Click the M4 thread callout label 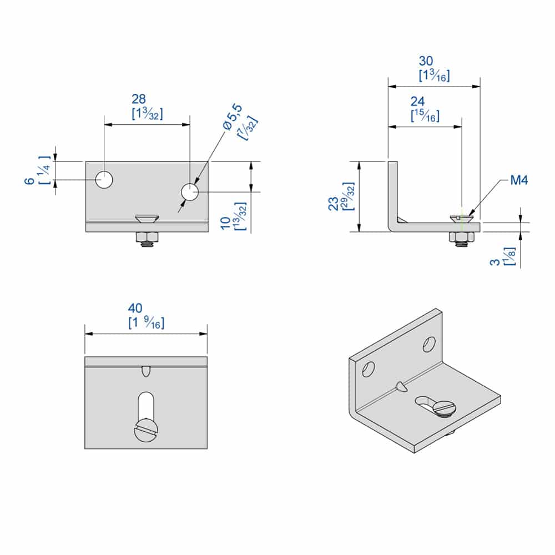point(518,180)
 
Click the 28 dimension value point(139,99)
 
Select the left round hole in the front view point(104,180)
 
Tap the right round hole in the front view point(189,191)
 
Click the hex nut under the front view point(147,239)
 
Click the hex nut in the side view point(461,239)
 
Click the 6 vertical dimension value point(26,181)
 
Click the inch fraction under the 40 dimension point(147,322)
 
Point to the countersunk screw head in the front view point(147,219)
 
